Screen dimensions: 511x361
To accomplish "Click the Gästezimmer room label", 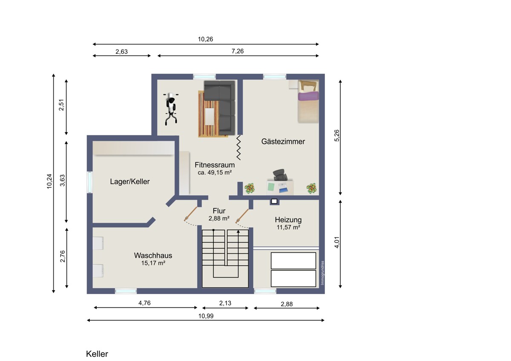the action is click(283, 142).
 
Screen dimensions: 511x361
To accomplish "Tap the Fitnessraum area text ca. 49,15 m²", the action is click(215, 172).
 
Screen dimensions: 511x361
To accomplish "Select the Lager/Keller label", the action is click(130, 181).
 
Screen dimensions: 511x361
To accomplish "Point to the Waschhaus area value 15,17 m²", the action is click(153, 263).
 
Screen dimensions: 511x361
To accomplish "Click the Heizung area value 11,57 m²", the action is click(288, 227).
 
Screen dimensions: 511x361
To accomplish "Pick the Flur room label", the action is click(219, 211).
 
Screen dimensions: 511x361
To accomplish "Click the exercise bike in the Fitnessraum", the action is click(171, 109).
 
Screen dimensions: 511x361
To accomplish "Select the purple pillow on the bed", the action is click(308, 96).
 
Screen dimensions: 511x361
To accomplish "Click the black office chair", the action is click(280, 175).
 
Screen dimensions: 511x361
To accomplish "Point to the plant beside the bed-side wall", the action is click(311, 189).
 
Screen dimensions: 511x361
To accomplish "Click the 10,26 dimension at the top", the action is click(205, 39).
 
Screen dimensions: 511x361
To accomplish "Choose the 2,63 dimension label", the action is click(121, 52).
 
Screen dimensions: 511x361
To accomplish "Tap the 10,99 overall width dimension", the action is click(206, 316).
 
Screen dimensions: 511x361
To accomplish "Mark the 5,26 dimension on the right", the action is click(337, 135).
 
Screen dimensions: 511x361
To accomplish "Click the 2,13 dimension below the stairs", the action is click(225, 303).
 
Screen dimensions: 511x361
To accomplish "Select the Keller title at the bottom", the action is click(97, 354).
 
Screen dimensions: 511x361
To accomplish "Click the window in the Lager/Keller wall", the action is click(90, 182).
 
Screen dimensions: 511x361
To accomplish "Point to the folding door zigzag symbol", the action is click(238, 147).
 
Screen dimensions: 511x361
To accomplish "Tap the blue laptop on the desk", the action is click(283, 187).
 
